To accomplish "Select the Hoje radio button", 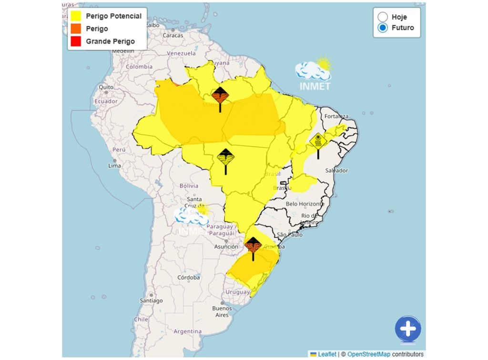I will pyautogui.click(x=382, y=17).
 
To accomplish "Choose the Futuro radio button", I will pyautogui.click(x=382, y=28).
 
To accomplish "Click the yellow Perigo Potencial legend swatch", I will pyautogui.click(x=75, y=16).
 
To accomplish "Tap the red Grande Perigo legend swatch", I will pyautogui.click(x=75, y=41).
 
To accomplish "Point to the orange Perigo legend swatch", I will pyautogui.click(x=75, y=29).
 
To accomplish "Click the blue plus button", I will pyautogui.click(x=408, y=329).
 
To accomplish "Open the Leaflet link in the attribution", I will pyautogui.click(x=327, y=354).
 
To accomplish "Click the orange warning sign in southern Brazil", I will pyautogui.click(x=253, y=245).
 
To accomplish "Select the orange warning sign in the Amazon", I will pyautogui.click(x=220, y=96).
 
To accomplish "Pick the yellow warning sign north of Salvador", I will pyautogui.click(x=318, y=141).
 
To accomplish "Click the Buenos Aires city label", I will pyautogui.click(x=222, y=311).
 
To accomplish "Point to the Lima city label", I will pyautogui.click(x=114, y=165).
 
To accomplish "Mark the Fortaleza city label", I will pyautogui.click(x=337, y=116).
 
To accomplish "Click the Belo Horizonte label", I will pyautogui.click(x=305, y=204).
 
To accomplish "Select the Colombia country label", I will pyautogui.click(x=139, y=67).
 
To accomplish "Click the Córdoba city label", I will pyautogui.click(x=188, y=277).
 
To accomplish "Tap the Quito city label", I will pyautogui.click(x=106, y=87).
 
